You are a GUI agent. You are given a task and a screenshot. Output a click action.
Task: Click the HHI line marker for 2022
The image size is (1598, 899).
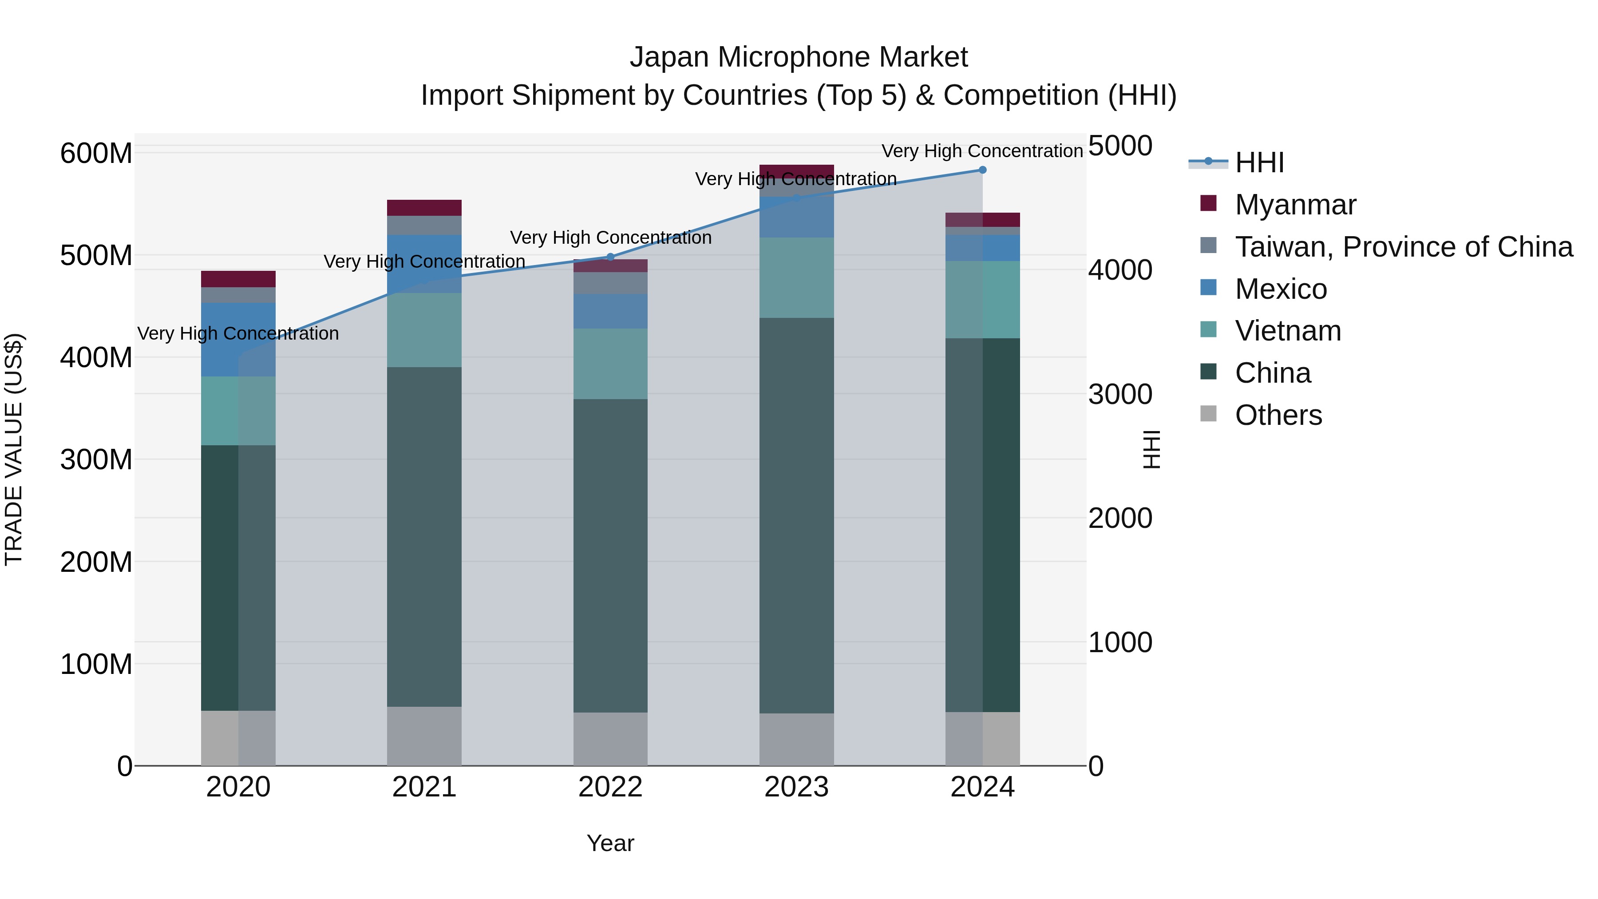point(610,257)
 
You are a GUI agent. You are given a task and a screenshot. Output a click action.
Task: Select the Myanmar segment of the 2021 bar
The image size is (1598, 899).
point(424,208)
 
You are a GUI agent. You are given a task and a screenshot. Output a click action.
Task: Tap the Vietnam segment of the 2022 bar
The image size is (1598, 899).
point(610,364)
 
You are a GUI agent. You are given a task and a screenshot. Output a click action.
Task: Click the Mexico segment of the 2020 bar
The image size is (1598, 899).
point(238,339)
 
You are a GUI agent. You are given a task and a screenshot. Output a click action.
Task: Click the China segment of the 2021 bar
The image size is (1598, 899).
point(424,537)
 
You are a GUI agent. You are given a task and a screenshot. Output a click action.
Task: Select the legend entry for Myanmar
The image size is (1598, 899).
point(1295,205)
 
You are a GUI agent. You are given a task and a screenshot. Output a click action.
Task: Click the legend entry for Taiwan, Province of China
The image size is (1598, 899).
point(1403,247)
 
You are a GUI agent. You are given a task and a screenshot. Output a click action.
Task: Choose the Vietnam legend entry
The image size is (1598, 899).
point(1288,331)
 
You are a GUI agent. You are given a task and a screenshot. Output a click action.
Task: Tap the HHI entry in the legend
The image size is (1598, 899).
point(1259,162)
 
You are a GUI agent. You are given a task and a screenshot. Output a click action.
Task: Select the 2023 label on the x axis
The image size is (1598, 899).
point(796,787)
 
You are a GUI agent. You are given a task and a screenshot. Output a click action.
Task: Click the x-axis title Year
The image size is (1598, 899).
point(610,843)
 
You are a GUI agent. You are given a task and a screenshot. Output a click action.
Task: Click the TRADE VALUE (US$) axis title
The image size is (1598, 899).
point(14,449)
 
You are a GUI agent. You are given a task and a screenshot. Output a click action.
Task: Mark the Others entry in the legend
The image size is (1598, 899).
point(1278,415)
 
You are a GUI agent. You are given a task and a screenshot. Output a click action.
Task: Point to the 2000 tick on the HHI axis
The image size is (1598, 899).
point(1120,518)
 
